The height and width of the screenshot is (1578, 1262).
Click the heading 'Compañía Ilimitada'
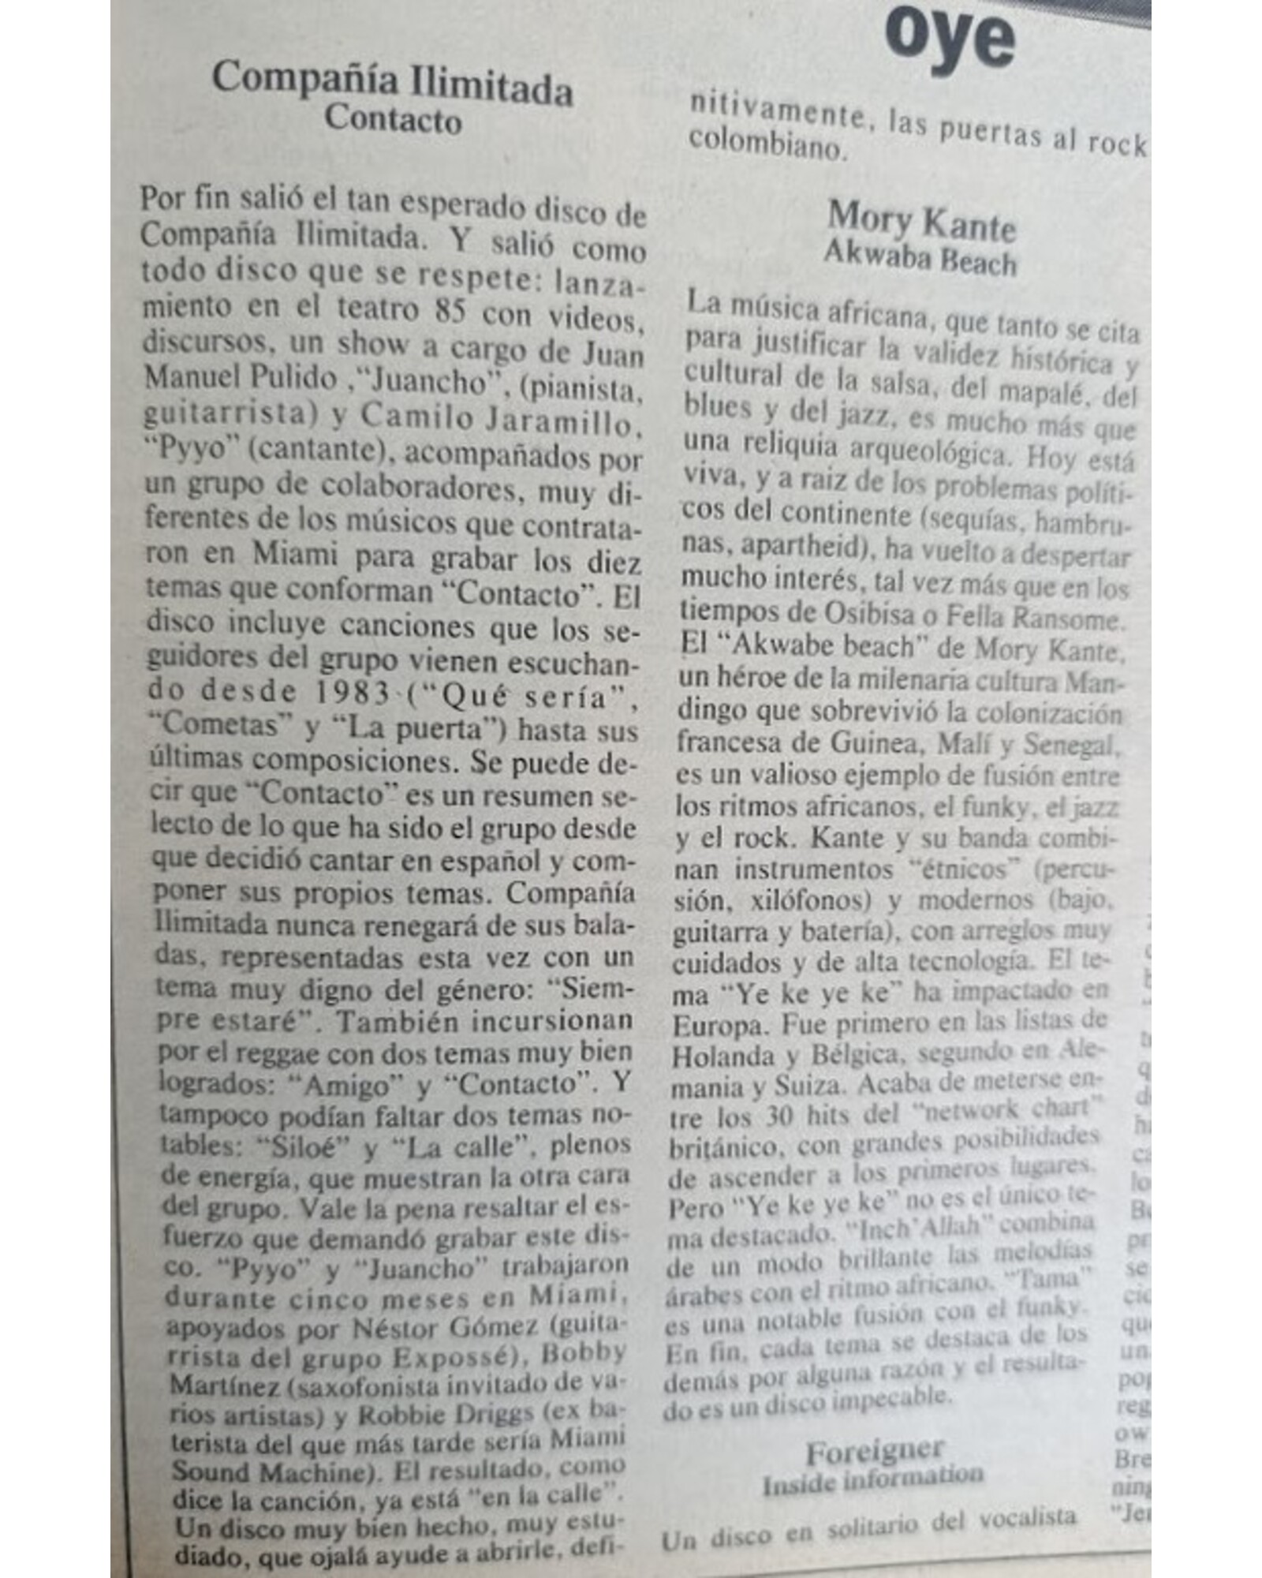click(x=392, y=83)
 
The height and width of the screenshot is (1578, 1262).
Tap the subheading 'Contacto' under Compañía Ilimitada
click(x=393, y=120)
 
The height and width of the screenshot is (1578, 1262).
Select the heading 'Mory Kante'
click(x=921, y=222)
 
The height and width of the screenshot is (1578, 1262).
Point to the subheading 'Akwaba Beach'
click(x=920, y=258)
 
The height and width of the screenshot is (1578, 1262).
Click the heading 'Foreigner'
click(x=874, y=1451)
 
